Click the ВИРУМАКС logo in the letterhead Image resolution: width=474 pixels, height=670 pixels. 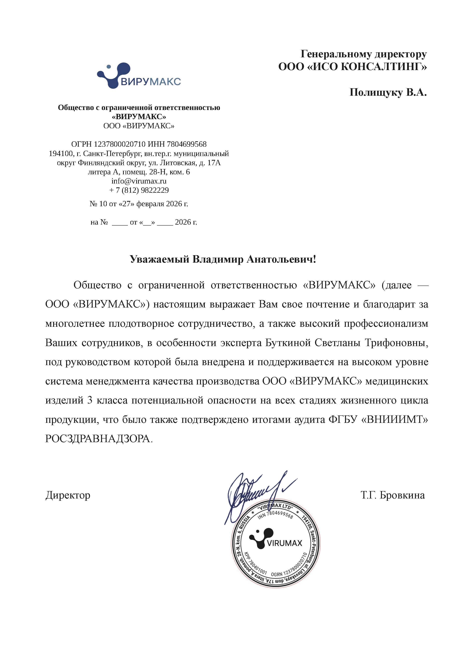(139, 76)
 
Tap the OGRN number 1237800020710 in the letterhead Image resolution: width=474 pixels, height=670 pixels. (120, 144)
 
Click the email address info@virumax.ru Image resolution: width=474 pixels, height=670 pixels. (139, 181)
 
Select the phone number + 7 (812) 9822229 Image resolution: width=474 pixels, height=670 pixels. (139, 190)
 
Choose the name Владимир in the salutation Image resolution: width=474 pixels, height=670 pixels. (218, 259)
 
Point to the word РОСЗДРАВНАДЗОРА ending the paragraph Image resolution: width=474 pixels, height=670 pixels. (98, 439)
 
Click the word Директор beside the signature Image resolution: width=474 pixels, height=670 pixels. (68, 495)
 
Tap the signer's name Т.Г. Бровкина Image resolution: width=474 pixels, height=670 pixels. (393, 495)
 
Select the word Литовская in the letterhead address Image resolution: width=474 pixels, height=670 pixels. (180, 163)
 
